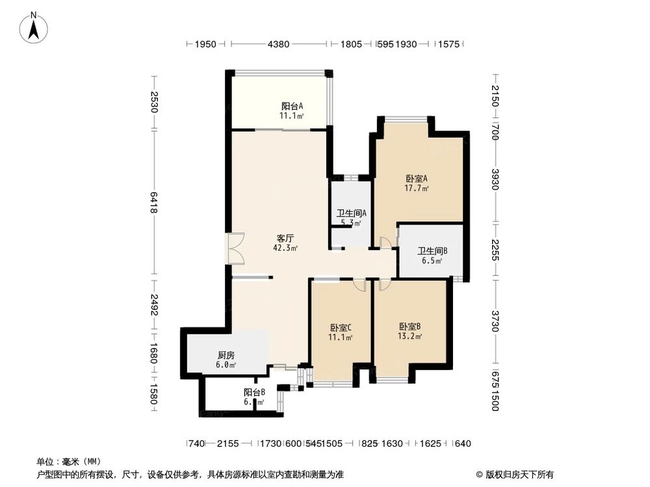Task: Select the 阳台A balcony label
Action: pos(292,106)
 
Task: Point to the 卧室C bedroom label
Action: pos(341,327)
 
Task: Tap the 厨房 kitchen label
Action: pos(226,355)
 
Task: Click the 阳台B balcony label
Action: pos(254,393)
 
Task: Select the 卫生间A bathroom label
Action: pos(351,213)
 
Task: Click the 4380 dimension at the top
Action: pos(278,44)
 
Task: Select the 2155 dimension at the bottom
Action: pos(228,443)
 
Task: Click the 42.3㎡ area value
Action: pos(286,247)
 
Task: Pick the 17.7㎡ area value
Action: pos(417,189)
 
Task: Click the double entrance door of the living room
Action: pos(235,248)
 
